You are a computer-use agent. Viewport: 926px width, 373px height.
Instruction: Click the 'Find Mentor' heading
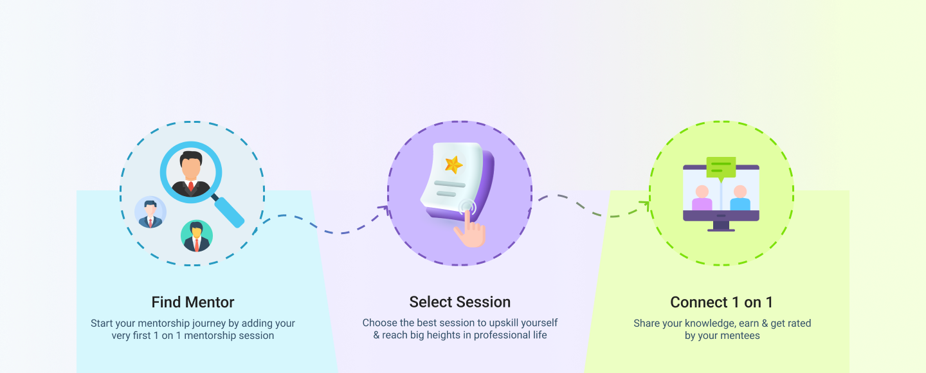click(193, 302)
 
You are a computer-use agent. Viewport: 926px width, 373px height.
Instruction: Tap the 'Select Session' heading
click(460, 302)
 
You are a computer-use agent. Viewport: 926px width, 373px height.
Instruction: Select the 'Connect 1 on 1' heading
click(722, 302)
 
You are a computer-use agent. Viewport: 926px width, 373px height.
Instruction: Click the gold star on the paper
click(453, 165)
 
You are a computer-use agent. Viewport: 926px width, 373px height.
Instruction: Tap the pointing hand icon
click(471, 230)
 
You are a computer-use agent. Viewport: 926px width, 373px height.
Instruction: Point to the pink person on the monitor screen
click(702, 198)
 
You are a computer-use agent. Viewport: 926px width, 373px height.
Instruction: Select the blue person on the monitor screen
click(740, 198)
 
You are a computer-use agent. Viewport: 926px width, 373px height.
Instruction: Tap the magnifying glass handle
click(228, 211)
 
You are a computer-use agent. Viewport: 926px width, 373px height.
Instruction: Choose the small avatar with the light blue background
click(150, 212)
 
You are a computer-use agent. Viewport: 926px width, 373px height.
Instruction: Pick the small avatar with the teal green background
click(197, 236)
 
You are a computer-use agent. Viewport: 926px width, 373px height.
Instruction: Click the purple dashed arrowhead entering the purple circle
click(385, 209)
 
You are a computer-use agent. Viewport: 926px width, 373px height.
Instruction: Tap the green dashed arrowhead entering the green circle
click(646, 203)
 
